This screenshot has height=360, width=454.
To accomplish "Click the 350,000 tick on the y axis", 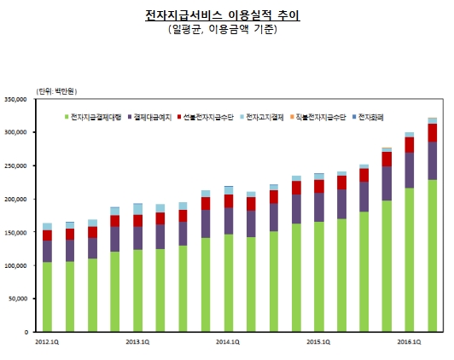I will coord(16,100).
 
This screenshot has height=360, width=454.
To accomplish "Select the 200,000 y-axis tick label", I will coord(16,199).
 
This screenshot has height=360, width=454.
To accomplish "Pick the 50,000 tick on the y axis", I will coord(18,299).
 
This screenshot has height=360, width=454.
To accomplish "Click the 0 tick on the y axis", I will coord(27,332).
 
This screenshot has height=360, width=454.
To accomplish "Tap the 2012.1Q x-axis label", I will coord(48,341).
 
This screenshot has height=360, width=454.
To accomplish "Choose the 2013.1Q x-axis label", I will coord(137,341).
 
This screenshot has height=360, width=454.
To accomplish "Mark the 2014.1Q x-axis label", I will coord(227,341).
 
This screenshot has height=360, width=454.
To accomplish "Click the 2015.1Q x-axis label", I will coord(317,341).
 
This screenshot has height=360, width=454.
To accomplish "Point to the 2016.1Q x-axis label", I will coord(409,341).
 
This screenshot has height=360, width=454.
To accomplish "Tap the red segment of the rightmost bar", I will coord(432,132).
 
